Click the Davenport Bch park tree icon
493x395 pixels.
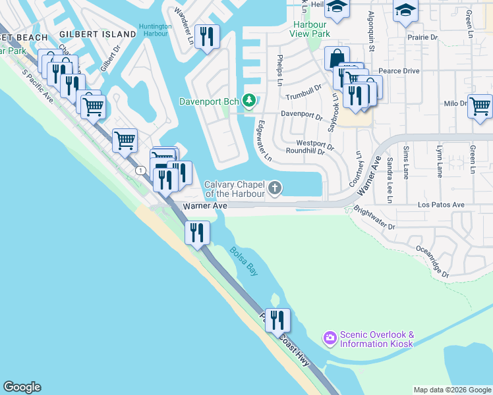[x=248, y=101]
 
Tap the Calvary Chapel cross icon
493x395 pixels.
[x=274, y=189]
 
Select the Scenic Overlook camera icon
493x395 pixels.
[x=330, y=338]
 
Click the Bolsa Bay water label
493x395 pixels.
[x=243, y=260]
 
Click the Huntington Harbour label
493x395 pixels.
[x=155, y=30]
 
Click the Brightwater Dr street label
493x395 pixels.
[x=374, y=218]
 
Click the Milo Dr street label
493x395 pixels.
[x=455, y=103]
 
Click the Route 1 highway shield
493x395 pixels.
[x=140, y=171]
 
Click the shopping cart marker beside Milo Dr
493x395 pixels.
[x=480, y=105]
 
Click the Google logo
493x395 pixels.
[x=22, y=387]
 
